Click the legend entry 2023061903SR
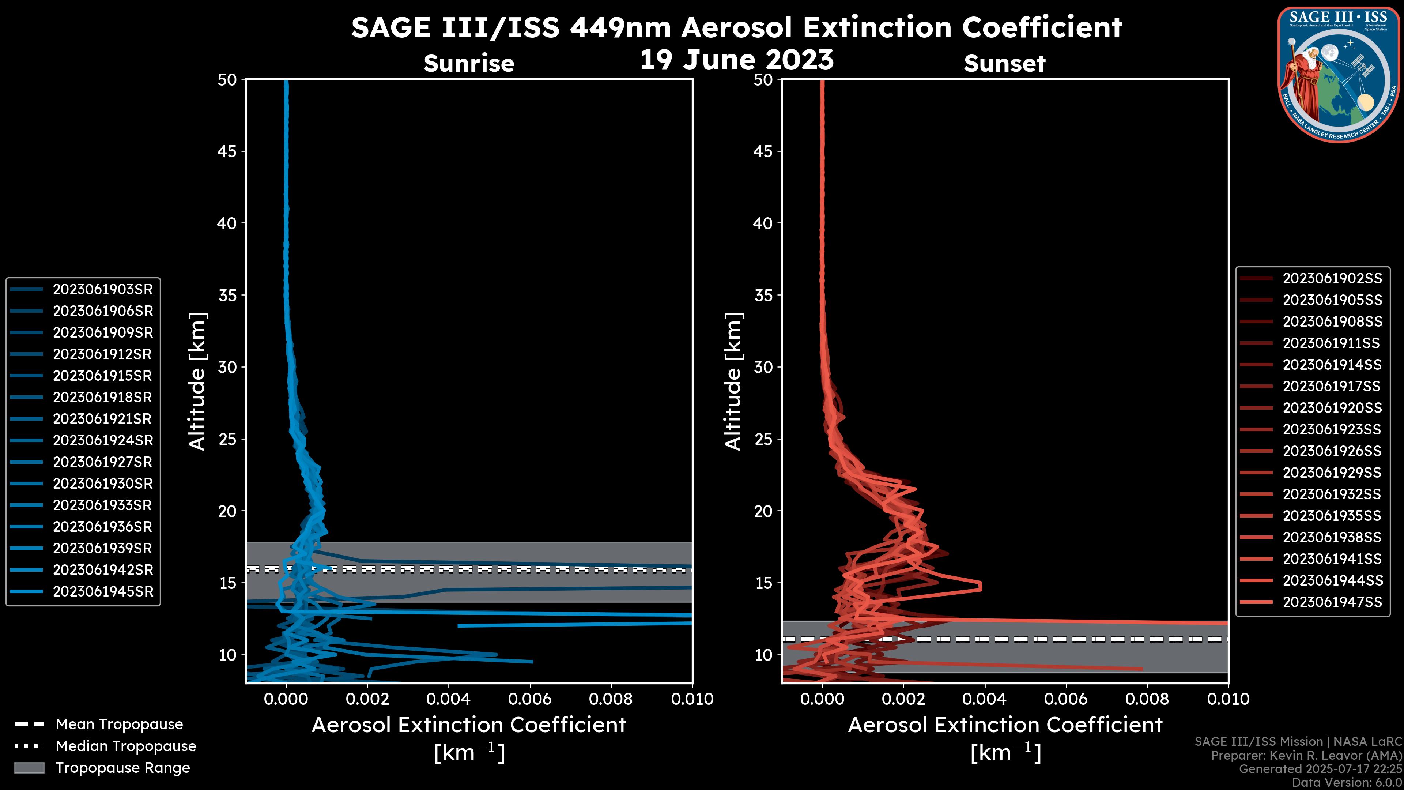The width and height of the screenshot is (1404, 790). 102,290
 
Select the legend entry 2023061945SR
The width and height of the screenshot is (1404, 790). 102,591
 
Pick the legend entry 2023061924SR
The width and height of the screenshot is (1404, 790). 102,440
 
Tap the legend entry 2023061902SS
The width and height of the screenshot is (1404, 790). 1332,279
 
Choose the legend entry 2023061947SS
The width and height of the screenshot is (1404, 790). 1332,602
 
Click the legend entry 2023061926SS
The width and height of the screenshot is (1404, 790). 1332,451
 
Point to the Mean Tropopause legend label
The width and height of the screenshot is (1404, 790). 119,725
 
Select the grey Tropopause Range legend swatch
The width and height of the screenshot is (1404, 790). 29,768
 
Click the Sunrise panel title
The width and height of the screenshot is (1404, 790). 469,63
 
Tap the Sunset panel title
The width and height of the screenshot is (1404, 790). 1004,63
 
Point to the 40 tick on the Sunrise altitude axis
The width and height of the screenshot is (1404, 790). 227,223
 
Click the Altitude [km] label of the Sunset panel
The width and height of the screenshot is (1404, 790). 733,381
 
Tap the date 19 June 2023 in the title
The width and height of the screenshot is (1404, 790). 736,60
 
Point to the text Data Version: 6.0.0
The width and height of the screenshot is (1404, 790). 1347,782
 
